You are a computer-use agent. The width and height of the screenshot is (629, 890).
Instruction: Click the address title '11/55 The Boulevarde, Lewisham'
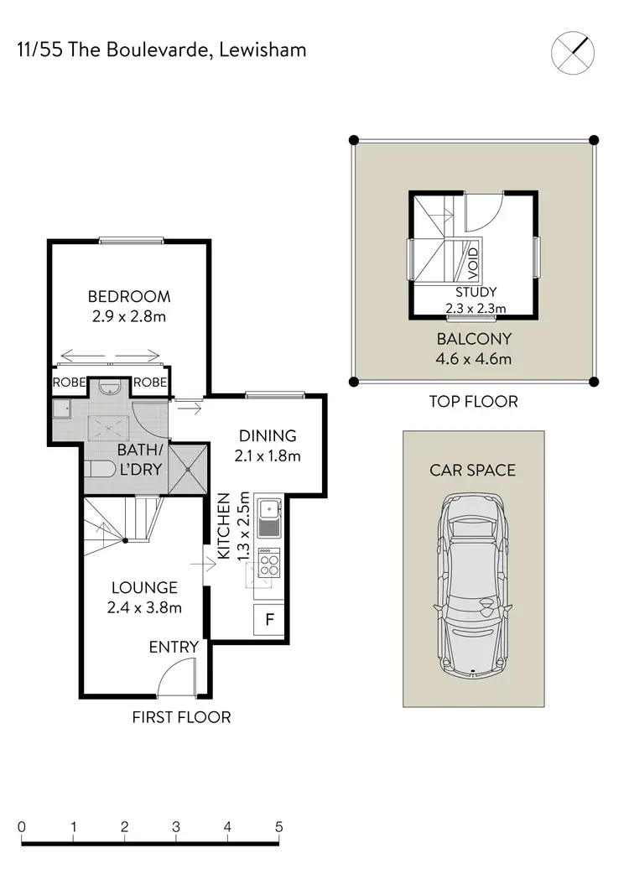point(162,50)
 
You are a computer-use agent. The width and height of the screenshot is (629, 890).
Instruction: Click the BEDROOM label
point(129,296)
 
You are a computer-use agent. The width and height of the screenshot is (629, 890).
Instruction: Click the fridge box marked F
point(269,621)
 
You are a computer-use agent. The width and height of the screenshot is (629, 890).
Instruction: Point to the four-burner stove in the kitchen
point(269,561)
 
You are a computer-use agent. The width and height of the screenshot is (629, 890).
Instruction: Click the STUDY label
point(476,292)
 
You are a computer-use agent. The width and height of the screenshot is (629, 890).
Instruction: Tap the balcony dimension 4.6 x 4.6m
point(473,360)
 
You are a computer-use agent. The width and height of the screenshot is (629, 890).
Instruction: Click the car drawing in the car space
point(473,583)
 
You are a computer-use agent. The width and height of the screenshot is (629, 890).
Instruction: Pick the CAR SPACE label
point(473,470)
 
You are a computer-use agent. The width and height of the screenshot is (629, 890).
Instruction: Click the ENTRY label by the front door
point(174,647)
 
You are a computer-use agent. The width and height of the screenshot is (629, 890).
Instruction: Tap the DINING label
point(268,436)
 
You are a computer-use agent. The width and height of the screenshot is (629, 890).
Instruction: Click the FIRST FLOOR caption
point(181,717)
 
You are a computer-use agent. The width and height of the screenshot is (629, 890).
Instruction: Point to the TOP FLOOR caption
point(473,401)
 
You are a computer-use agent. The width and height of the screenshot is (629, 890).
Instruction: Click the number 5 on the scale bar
point(279,826)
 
